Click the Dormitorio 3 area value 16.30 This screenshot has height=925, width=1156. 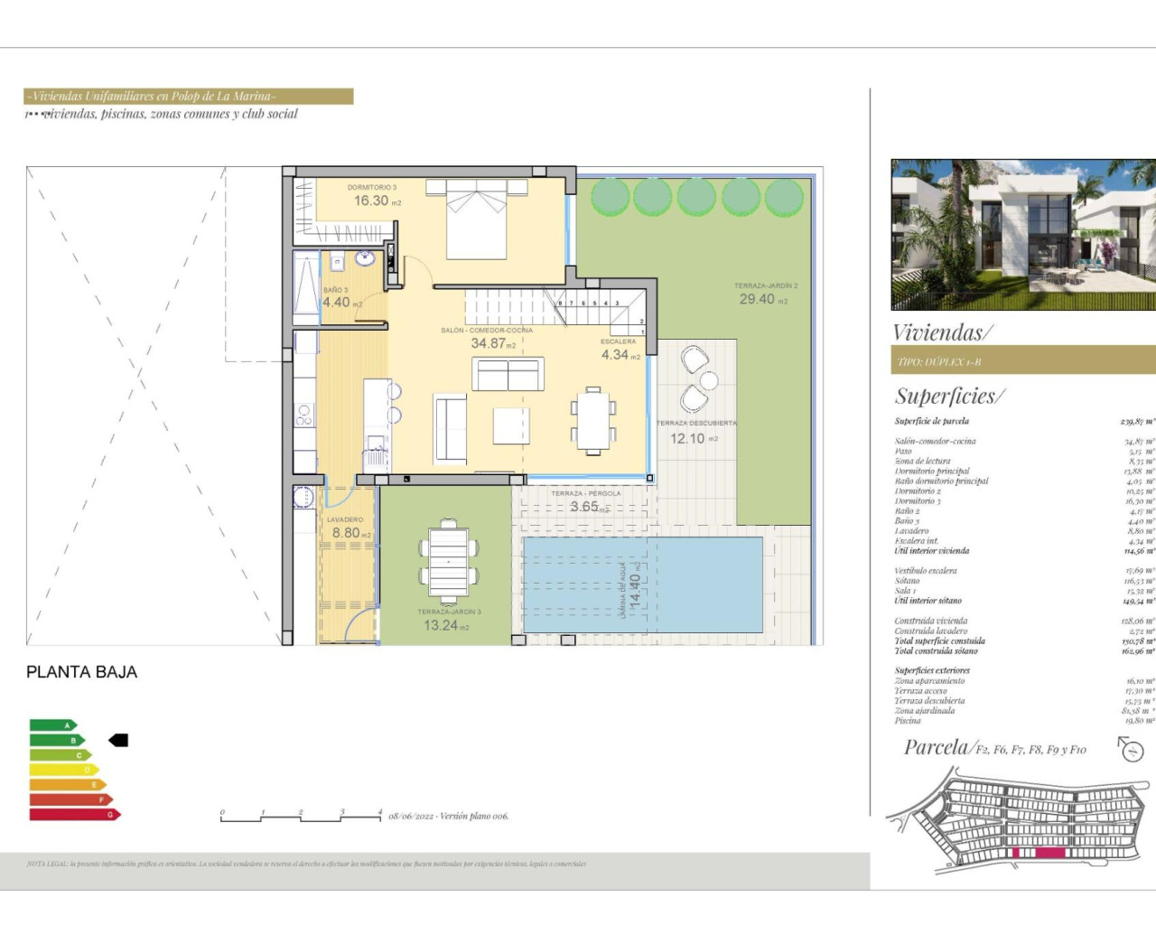tap(371, 201)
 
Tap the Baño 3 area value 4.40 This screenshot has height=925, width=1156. tap(336, 303)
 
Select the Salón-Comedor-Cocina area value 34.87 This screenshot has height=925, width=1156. tap(488, 343)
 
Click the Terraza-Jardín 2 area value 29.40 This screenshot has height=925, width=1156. tap(757, 299)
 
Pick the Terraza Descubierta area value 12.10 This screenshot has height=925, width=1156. tap(687, 438)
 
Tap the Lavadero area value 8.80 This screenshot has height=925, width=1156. tap(346, 533)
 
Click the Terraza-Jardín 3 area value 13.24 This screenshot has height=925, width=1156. tap(441, 625)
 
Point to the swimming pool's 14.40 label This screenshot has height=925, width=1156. tap(634, 592)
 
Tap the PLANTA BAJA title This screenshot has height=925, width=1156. tap(82, 672)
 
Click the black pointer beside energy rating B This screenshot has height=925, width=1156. tap(118, 741)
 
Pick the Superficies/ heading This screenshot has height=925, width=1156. tap(949, 396)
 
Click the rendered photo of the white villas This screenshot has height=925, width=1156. tap(1022, 235)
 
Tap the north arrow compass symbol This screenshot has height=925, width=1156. tap(1131, 749)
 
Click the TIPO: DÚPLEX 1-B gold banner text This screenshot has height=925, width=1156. tap(939, 362)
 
